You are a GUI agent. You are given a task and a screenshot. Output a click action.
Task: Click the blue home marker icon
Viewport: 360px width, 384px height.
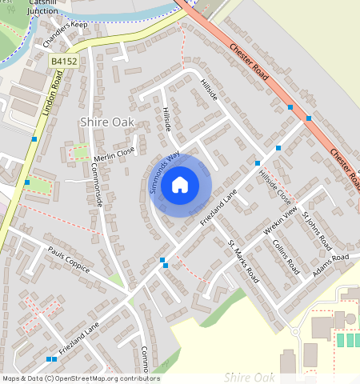click(x=180, y=185)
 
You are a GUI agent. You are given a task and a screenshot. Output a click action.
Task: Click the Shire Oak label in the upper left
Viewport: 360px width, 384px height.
click(x=108, y=122)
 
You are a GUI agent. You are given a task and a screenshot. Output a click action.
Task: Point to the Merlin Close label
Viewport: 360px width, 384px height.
click(x=114, y=154)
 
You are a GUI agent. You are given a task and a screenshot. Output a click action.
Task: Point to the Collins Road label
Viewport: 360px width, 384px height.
click(x=285, y=255)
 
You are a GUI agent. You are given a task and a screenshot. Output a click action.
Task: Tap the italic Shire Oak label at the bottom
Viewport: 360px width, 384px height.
click(x=250, y=377)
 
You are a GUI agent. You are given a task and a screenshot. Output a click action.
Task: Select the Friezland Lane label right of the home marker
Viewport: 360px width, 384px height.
click(x=219, y=207)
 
